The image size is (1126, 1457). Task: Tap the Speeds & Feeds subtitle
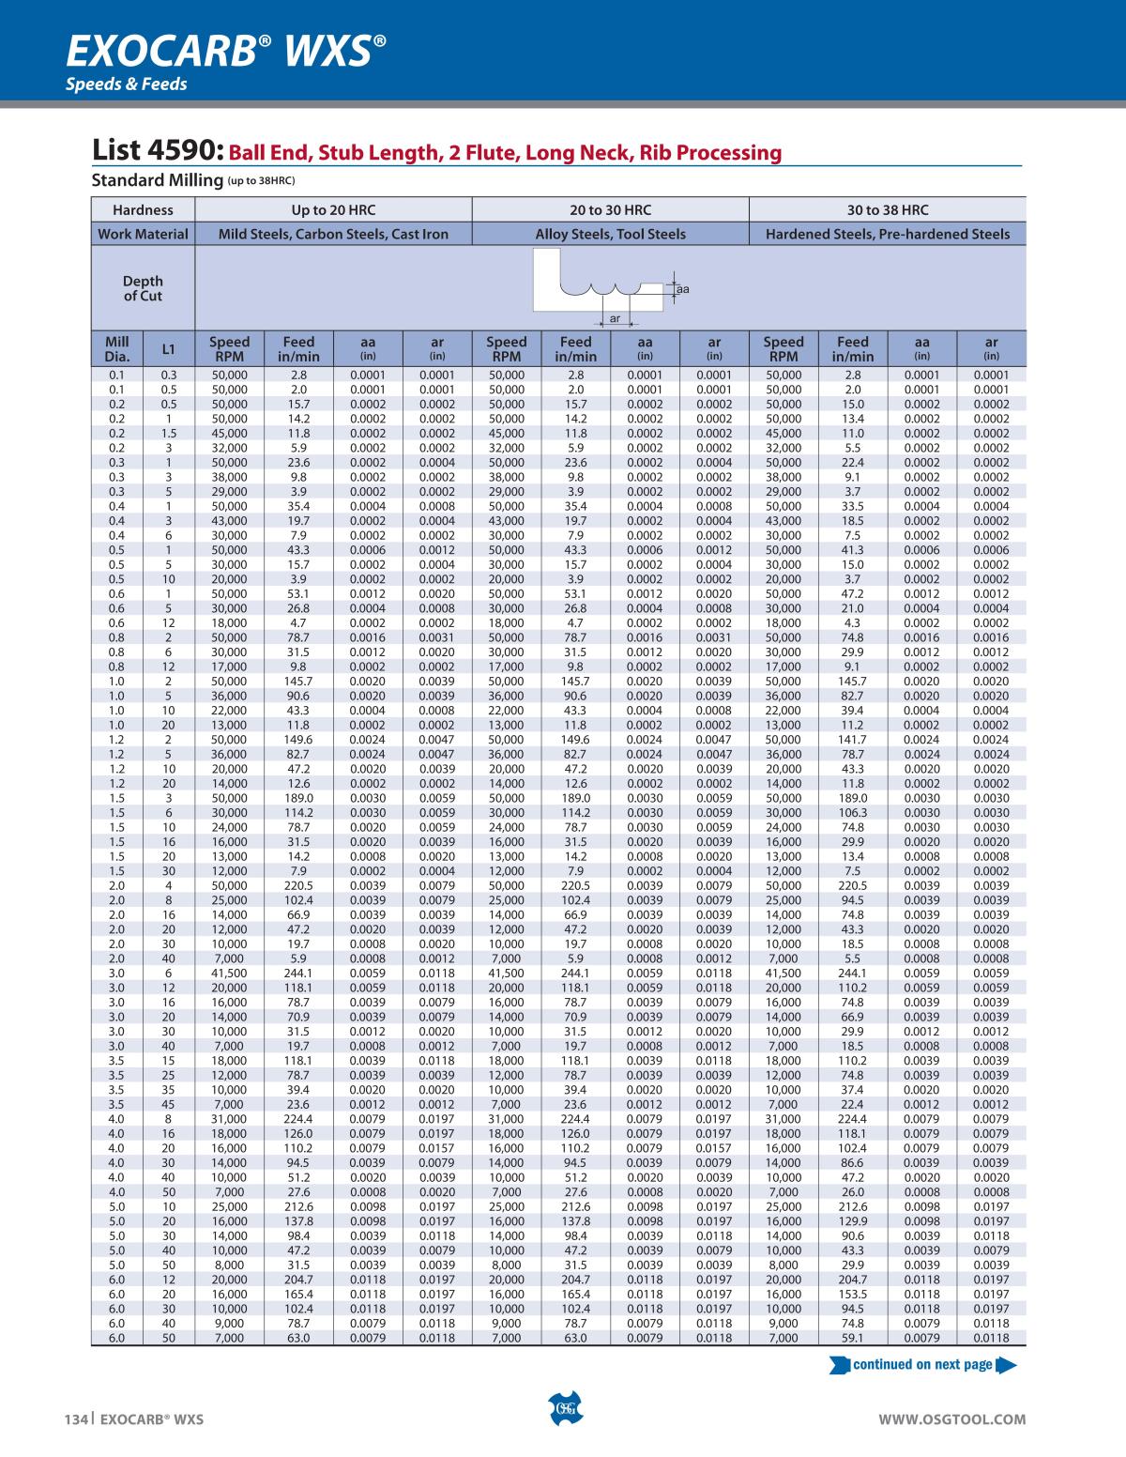[x=126, y=84]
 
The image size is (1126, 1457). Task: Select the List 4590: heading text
[x=158, y=151]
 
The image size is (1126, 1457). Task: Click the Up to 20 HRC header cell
[x=333, y=209]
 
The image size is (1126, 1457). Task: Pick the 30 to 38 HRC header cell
[x=888, y=209]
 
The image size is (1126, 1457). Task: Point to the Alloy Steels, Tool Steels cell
[x=610, y=234]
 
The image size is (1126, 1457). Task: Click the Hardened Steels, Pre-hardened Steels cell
[x=888, y=234]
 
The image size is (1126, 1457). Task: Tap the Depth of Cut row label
[x=143, y=288]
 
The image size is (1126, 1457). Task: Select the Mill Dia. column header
[x=117, y=348]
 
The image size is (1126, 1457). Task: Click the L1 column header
[x=169, y=349]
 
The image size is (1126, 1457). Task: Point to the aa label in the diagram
[x=683, y=289]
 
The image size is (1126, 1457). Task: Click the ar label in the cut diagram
[x=615, y=319]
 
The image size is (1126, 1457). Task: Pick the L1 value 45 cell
[x=169, y=1105]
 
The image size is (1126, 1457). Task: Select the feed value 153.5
[x=852, y=1294]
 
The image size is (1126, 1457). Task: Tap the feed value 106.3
[x=852, y=812]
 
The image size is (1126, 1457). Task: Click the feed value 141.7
[x=852, y=740]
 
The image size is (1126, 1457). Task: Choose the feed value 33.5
[x=852, y=506]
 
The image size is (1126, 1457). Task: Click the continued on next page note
[x=922, y=1364]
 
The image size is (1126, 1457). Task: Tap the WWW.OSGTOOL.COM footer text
[x=951, y=1419]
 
